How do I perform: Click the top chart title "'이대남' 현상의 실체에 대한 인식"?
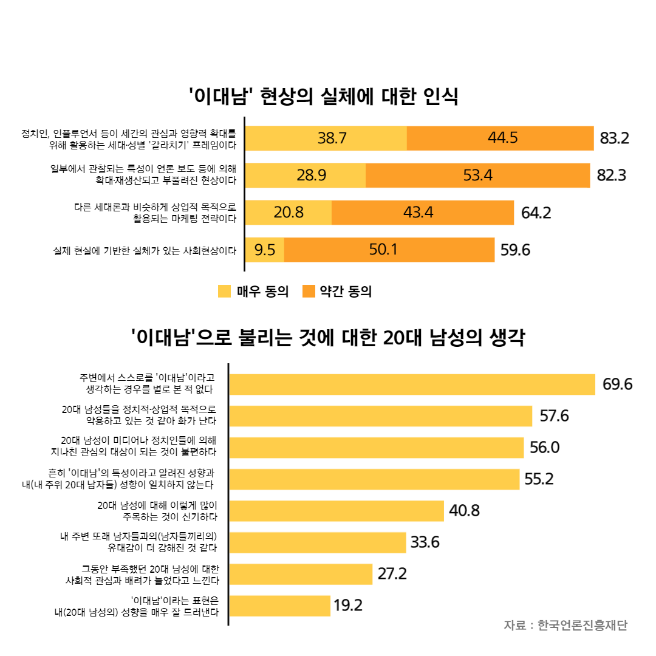click(323, 97)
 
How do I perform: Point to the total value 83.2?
click(614, 138)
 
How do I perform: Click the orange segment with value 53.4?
click(477, 176)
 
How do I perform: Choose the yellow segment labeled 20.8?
click(289, 213)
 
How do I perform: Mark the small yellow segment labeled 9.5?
click(265, 250)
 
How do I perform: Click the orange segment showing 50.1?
click(389, 250)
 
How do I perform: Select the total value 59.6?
click(515, 250)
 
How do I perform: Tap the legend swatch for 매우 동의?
click(224, 292)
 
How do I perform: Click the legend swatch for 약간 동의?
click(309, 292)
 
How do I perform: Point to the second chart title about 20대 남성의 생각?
click(328, 338)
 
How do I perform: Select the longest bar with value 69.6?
click(412, 384)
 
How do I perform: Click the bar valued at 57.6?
click(381, 416)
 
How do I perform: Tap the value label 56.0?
click(544, 448)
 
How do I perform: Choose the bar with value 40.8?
click(337, 511)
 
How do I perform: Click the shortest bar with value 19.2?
click(280, 606)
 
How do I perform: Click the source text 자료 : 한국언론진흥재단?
click(565, 626)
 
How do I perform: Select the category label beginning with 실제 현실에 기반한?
click(145, 250)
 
